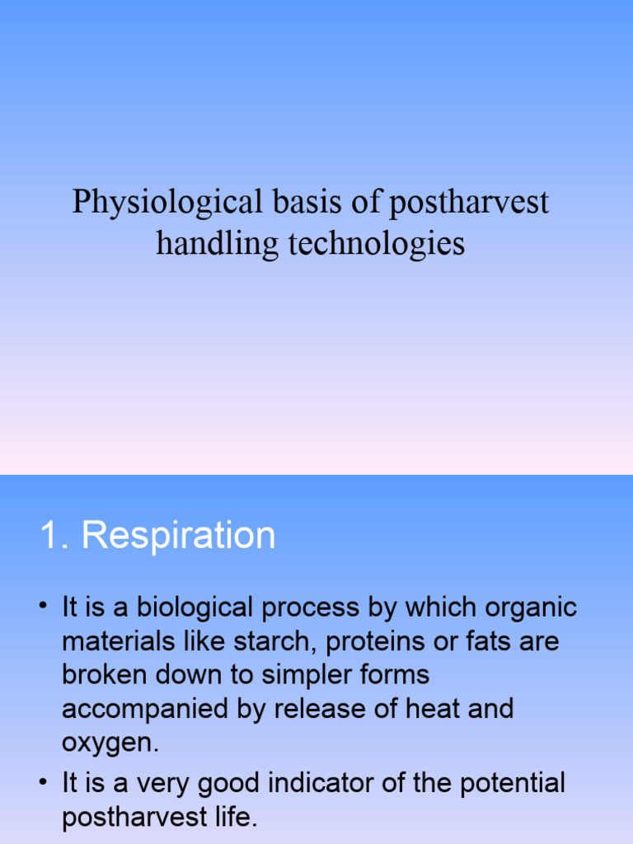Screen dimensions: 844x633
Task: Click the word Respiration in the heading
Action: pyautogui.click(x=179, y=536)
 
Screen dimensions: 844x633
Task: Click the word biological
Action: pyautogui.click(x=195, y=608)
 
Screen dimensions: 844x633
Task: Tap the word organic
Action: pyautogui.click(x=528, y=608)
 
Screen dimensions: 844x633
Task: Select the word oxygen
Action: pyautogui.click(x=108, y=742)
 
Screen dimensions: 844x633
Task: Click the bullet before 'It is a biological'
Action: pyautogui.click(x=41, y=608)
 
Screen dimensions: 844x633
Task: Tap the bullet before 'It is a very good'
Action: pyautogui.click(x=41, y=782)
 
